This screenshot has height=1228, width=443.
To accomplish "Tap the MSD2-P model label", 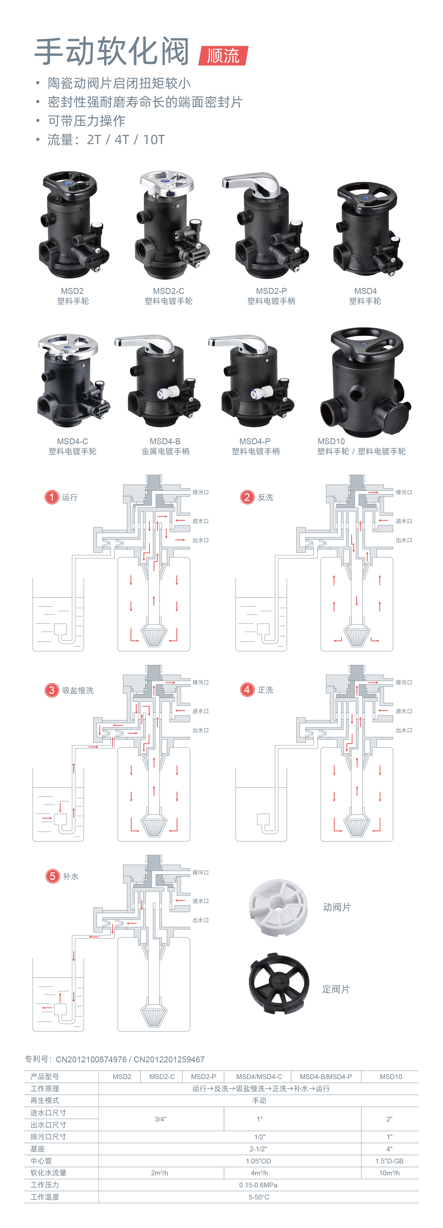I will [271, 291].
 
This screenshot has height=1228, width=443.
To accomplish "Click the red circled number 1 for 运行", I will [52, 497].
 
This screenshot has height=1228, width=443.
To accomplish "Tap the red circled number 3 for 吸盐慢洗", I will [52, 690].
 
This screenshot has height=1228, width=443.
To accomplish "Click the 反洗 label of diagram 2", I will [265, 497].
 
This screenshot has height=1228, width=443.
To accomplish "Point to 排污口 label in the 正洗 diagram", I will [403, 682].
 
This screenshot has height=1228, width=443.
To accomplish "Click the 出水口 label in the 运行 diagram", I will [201, 540].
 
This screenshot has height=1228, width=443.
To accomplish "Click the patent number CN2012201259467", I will [169, 1059].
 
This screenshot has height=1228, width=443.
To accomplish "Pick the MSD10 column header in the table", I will [391, 1076].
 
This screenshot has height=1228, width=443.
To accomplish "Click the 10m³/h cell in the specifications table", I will [389, 1173].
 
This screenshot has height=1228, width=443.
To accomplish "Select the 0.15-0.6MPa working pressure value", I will [258, 1185].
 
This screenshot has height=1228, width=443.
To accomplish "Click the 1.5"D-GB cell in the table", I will [389, 1161].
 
